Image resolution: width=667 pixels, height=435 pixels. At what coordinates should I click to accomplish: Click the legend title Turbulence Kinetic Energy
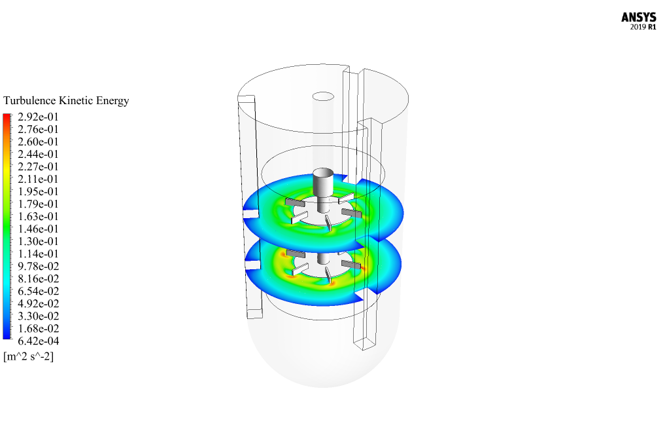click(x=66, y=101)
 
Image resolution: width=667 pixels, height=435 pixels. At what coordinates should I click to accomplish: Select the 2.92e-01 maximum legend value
click(x=38, y=117)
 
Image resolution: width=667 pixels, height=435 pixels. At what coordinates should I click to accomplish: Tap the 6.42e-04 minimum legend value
click(x=38, y=341)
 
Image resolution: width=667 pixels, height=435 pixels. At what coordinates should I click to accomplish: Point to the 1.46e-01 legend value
click(x=38, y=229)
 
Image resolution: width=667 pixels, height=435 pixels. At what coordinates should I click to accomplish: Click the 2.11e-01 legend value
click(x=38, y=180)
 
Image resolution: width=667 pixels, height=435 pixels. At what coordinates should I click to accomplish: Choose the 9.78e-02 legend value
click(x=38, y=266)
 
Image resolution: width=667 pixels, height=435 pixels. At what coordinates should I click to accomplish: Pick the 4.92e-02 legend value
click(x=38, y=304)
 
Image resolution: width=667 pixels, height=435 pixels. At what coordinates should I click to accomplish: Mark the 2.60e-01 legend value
click(x=38, y=142)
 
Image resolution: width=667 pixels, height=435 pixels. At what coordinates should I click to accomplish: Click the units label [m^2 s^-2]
click(x=29, y=356)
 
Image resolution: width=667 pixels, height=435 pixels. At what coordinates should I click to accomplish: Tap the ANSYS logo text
click(x=638, y=18)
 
